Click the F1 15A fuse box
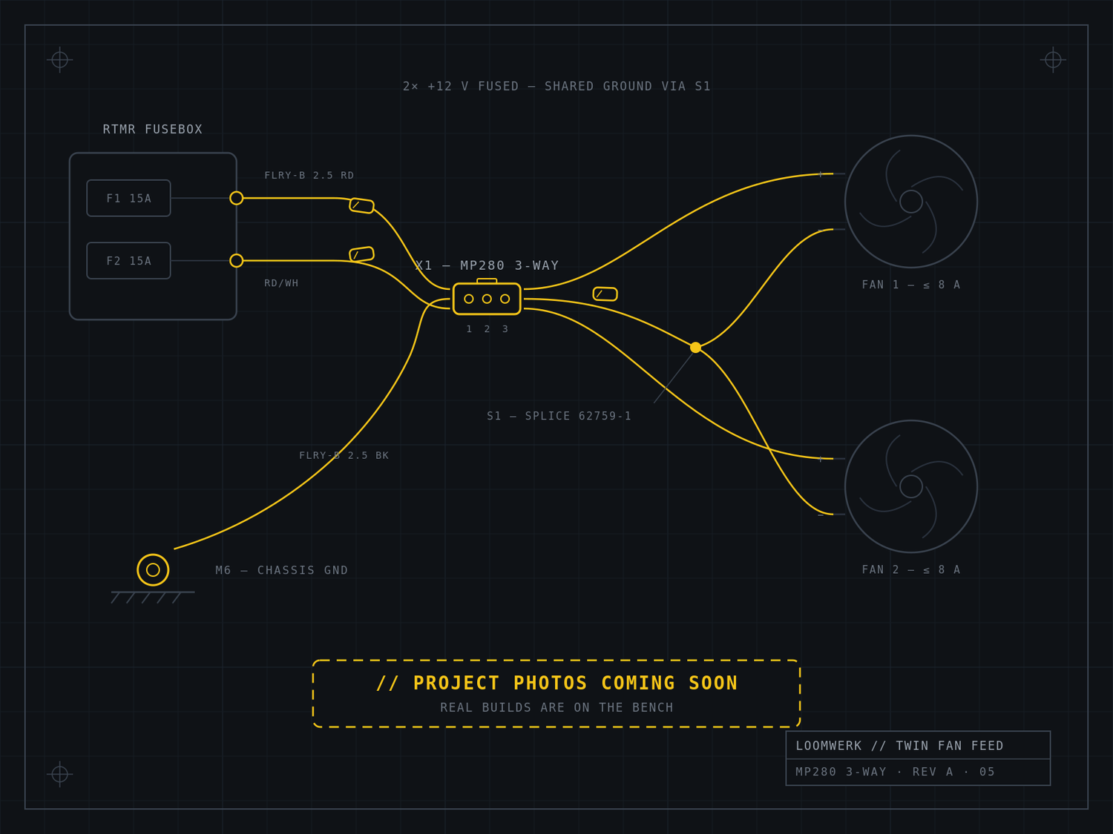pos(128,198)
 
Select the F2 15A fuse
pos(128,261)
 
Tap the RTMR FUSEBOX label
pos(153,130)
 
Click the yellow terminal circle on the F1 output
pos(236,198)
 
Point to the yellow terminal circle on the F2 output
pos(236,261)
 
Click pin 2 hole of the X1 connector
pos(487,299)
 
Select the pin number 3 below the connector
pos(505,329)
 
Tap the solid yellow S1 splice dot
pos(696,348)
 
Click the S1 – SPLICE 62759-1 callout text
pos(559,416)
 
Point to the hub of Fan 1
pos(911,202)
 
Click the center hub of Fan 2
pos(911,486)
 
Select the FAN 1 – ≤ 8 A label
pos(910,285)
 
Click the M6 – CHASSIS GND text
pos(281,570)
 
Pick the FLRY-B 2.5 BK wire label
pos(344,455)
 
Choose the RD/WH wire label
pos(281,283)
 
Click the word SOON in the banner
pos(713,683)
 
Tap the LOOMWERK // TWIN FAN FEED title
pos(899,746)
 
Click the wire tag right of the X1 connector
pos(605,294)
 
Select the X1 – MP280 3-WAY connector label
pos(487,265)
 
